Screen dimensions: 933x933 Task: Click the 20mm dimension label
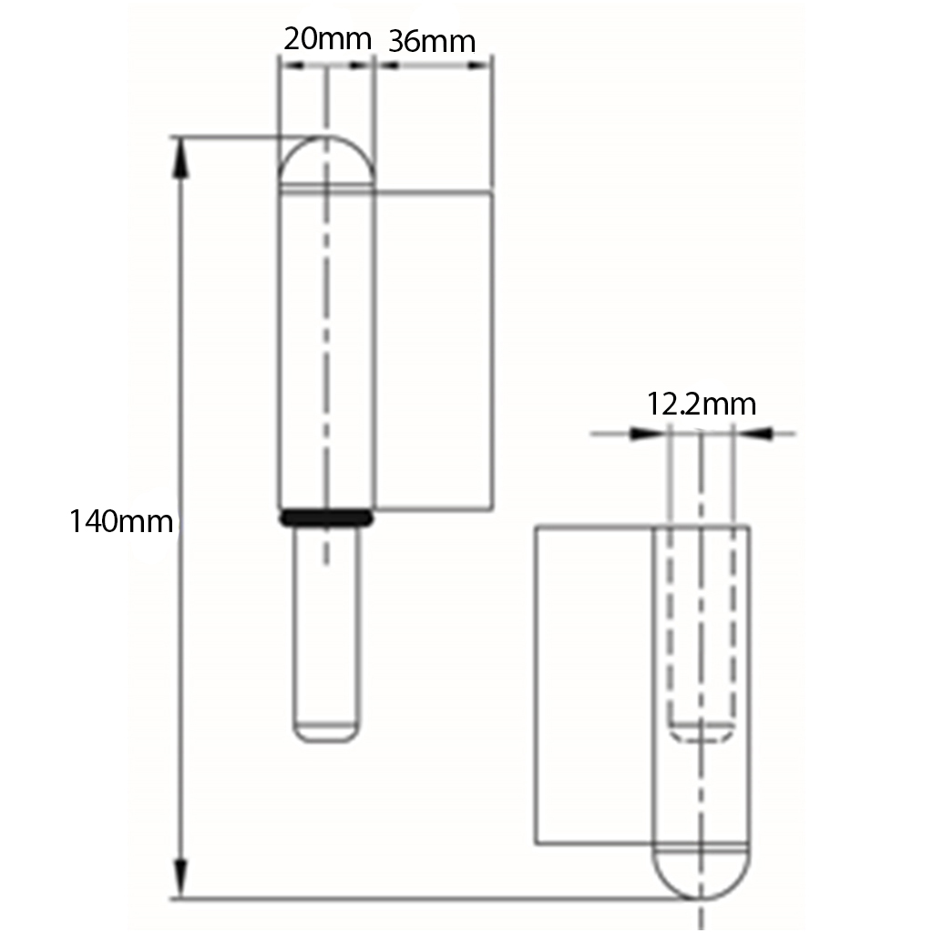coord(327,39)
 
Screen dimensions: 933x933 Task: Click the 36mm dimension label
coord(432,41)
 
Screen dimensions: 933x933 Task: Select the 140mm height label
coord(121,522)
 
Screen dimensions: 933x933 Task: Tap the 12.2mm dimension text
coord(702,403)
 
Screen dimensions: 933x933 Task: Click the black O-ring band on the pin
coord(326,518)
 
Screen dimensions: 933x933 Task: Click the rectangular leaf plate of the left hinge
coord(434,351)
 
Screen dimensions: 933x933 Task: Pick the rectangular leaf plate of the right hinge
coord(592,683)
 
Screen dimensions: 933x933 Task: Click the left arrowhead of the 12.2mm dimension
coord(644,434)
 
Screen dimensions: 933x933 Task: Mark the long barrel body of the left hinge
coord(325,346)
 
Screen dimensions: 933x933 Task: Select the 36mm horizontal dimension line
coord(433,66)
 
